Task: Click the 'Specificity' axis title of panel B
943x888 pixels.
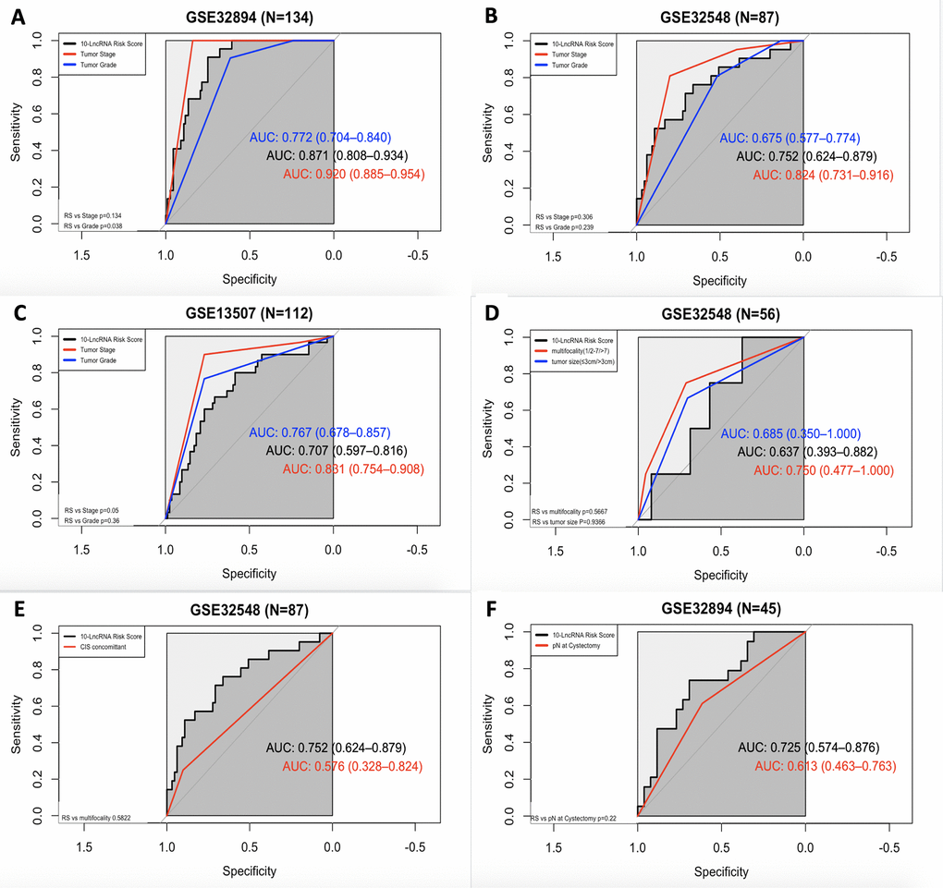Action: click(x=720, y=280)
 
